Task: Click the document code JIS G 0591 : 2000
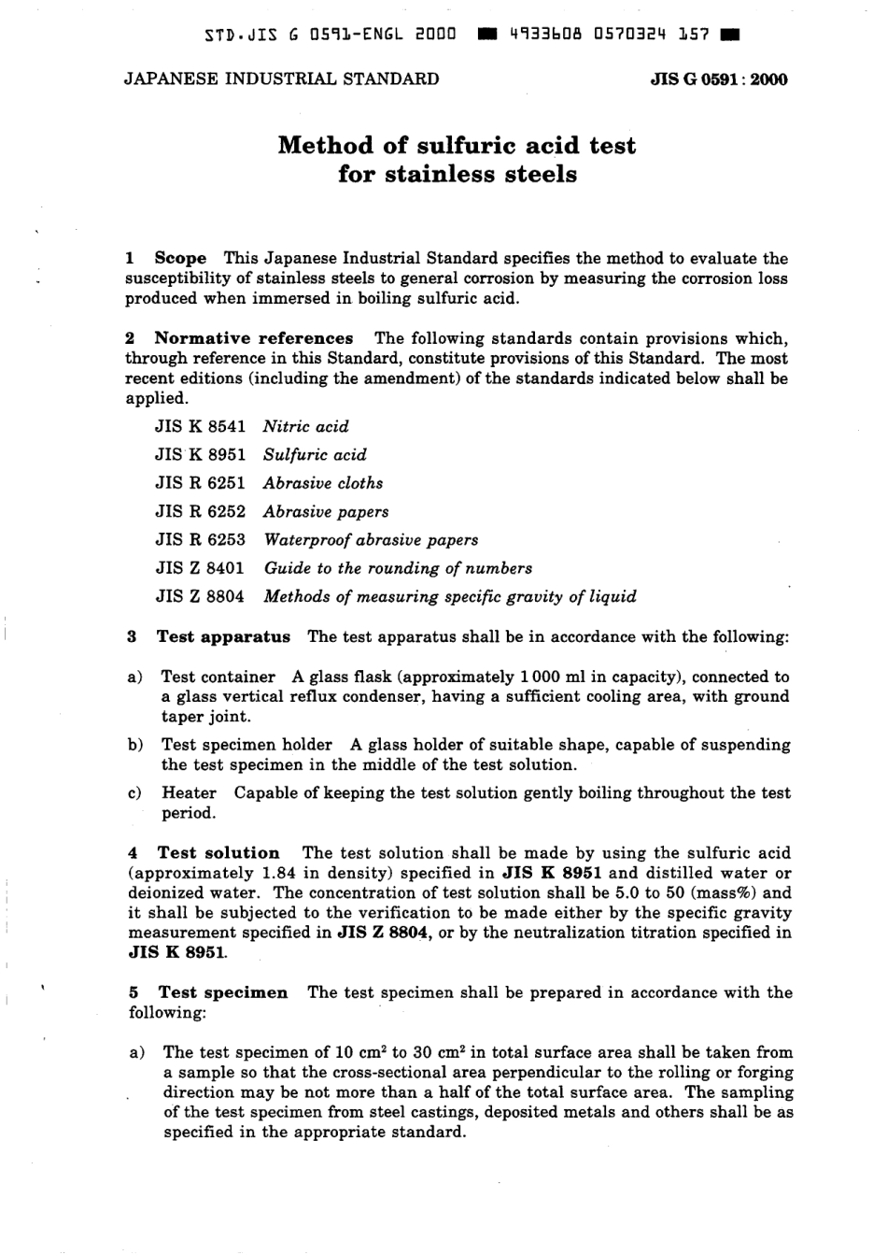coord(718,79)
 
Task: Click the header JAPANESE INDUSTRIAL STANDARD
coord(281,79)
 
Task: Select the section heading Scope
coord(180,259)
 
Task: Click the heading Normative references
coord(253,338)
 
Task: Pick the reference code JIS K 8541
coord(200,427)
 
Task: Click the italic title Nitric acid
coord(306,427)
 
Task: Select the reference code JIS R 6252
coord(200,512)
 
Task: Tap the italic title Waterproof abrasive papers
coord(371,540)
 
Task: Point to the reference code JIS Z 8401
coord(200,568)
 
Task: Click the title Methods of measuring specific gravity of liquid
coord(450,596)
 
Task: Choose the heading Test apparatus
coord(223,637)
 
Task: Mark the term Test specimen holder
coord(246,745)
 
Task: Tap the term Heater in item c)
coord(189,793)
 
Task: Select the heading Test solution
coord(218,853)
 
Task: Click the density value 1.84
coord(269,874)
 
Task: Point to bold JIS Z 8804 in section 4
coord(383,933)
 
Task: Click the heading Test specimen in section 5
coord(222,992)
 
